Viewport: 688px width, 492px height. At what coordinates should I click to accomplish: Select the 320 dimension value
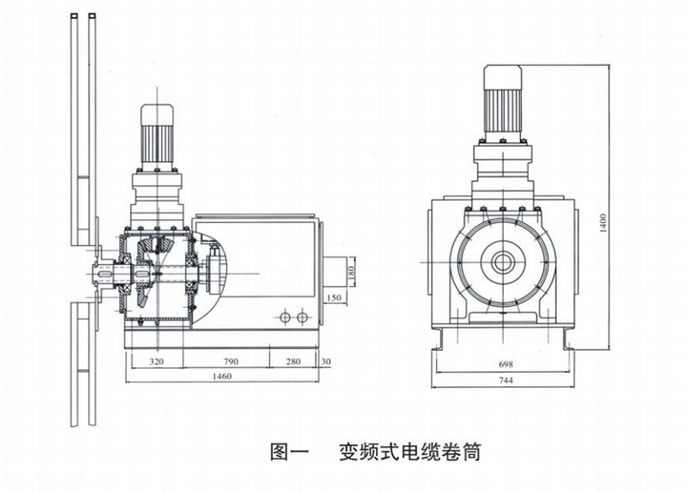click(157, 362)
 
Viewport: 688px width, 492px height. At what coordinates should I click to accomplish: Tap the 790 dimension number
click(230, 362)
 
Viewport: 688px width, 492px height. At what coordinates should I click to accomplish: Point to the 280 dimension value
click(293, 362)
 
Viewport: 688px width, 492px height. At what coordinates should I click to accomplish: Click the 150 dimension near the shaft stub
click(335, 298)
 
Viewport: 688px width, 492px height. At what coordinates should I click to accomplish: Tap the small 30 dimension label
click(326, 362)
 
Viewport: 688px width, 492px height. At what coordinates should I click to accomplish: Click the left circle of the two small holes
click(286, 318)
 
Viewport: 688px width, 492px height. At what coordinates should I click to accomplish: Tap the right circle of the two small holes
click(301, 318)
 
